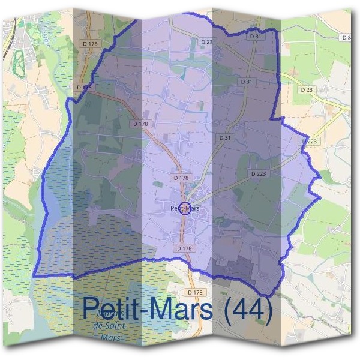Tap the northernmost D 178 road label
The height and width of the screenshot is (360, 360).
(x=91, y=44)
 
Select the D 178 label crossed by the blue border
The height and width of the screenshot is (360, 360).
(x=85, y=88)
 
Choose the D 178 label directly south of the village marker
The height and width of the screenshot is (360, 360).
(x=185, y=248)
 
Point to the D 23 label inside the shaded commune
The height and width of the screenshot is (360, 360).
(x=206, y=41)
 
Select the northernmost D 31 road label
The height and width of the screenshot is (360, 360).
(x=255, y=37)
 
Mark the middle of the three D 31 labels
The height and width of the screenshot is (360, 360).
(x=247, y=80)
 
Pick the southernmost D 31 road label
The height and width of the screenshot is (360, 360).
(x=225, y=137)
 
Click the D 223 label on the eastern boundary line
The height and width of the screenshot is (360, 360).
(x=310, y=142)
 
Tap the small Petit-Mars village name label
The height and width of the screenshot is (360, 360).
(x=185, y=208)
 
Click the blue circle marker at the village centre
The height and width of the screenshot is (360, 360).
(x=185, y=209)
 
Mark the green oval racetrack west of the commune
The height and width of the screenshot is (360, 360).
(x=18, y=59)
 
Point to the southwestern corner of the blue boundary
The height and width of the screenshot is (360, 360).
(x=33, y=275)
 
